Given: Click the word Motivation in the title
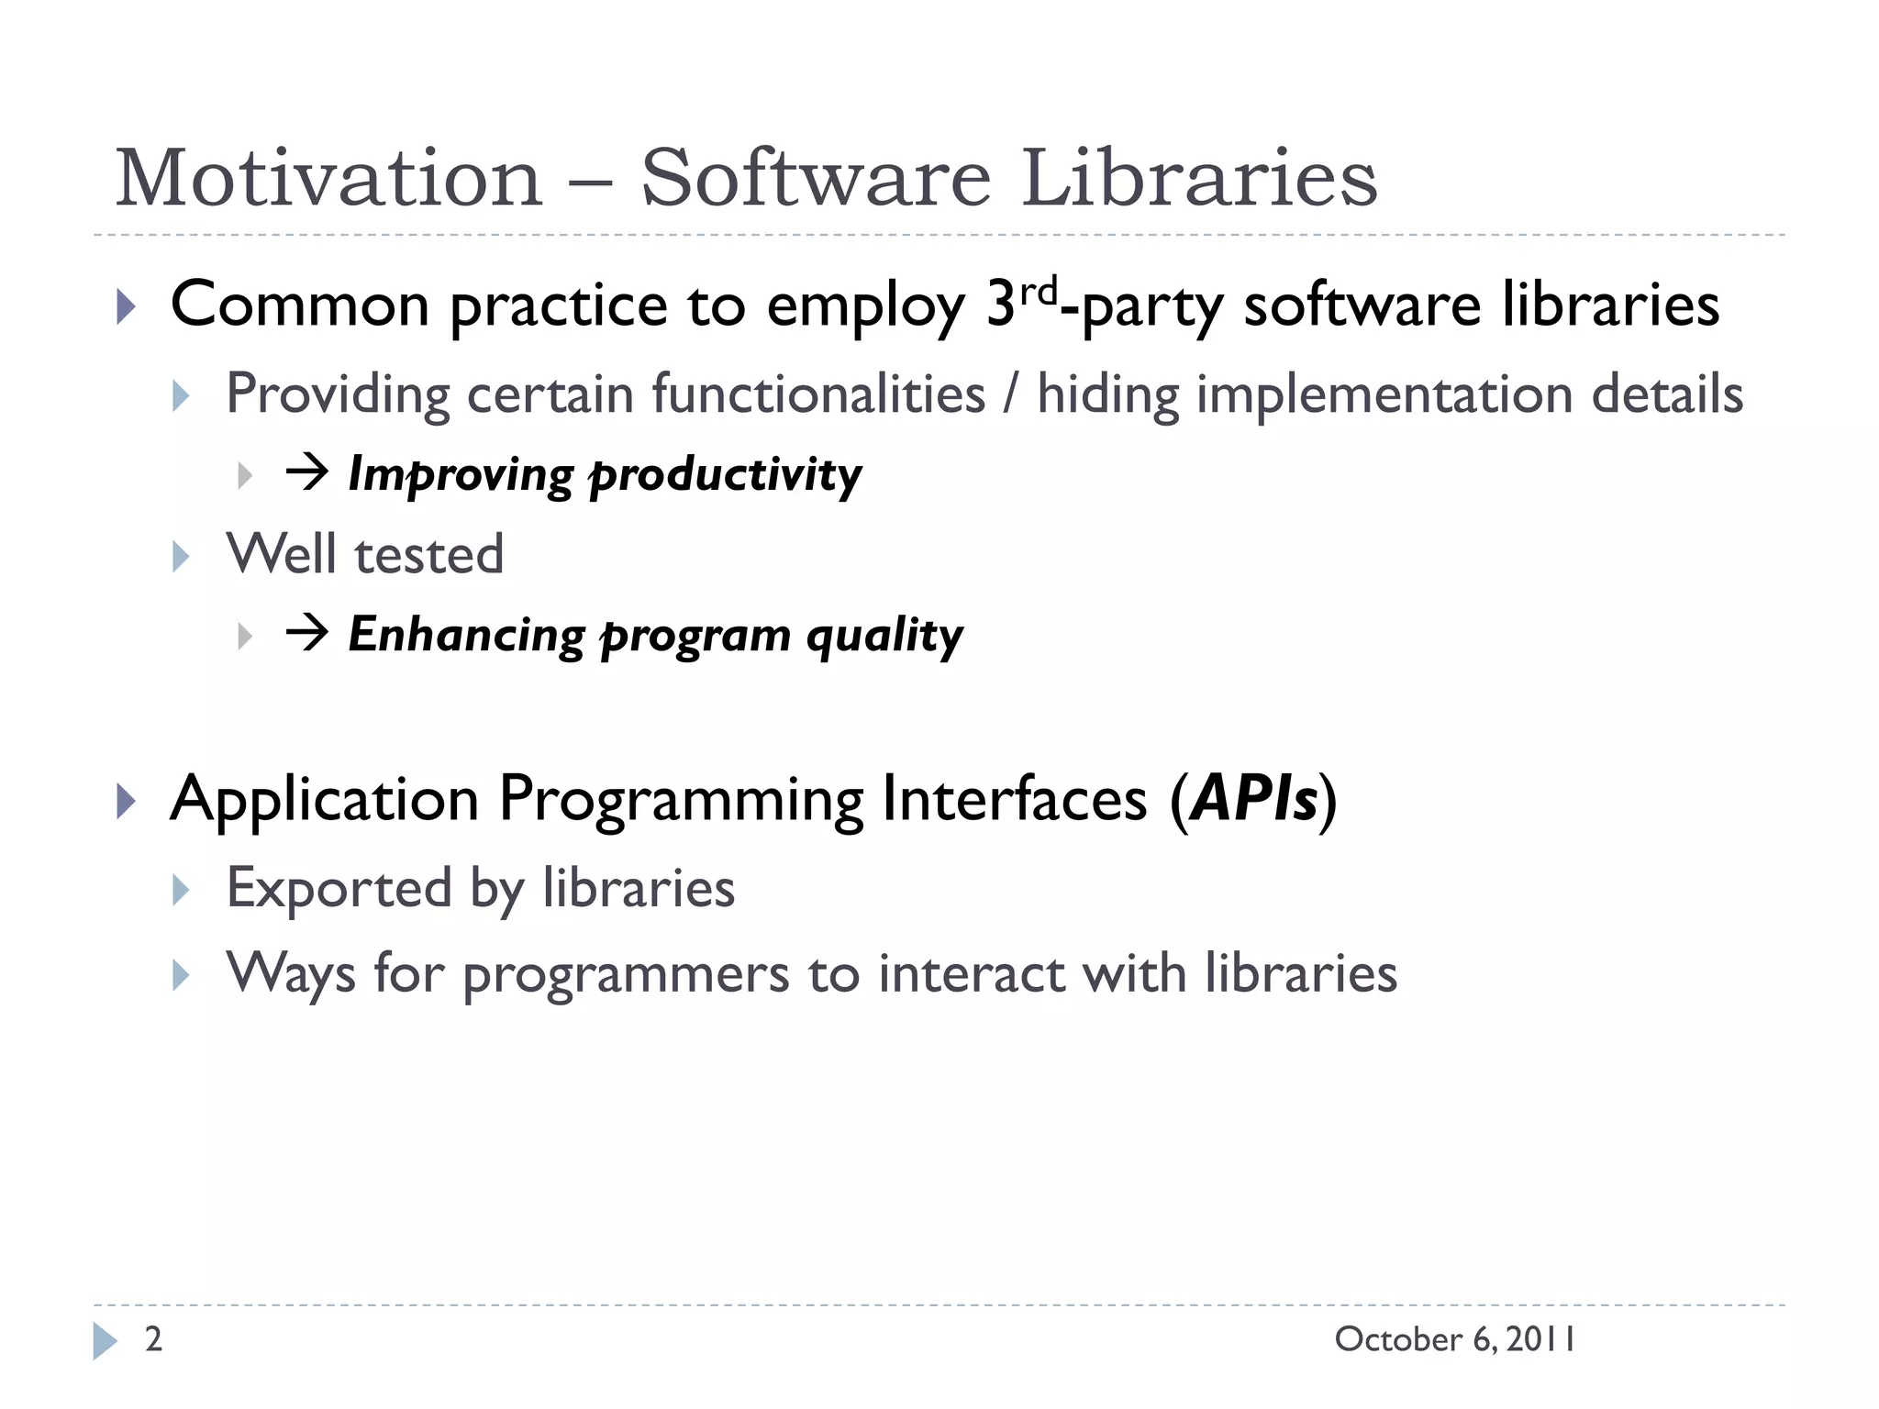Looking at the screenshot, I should pos(328,179).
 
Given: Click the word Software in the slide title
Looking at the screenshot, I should pos(815,179).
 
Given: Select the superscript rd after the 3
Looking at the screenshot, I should pos(1039,292).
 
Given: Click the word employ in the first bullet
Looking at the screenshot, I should pos(865,307).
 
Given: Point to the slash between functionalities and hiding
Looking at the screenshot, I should pos(1011,395).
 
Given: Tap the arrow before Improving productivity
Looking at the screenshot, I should pos(306,473).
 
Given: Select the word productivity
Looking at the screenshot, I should pos(725,476).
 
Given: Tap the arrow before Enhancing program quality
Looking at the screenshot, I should pos(306,633).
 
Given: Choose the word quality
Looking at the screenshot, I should pos(884,636).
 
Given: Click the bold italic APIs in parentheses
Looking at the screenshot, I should pos(1253,799).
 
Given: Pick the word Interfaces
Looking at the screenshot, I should pos(1014,799).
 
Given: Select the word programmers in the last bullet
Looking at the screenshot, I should pos(625,974).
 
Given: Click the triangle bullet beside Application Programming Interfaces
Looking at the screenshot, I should pos(127,801).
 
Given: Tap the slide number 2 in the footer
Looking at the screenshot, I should pos(154,1339).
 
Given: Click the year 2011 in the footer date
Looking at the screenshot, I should pos(1540,1339).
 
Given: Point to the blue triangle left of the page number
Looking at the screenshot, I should pos(105,1341).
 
